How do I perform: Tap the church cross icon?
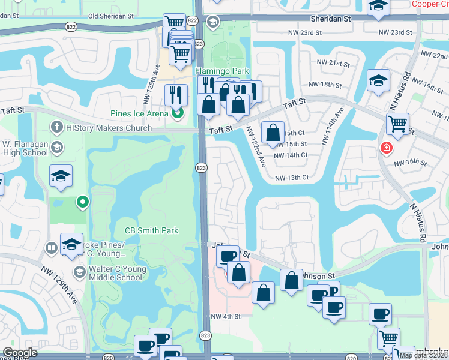tap(56, 127)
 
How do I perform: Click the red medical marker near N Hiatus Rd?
tap(385, 147)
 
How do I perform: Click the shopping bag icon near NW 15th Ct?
tap(273, 133)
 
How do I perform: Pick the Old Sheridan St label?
tap(114, 16)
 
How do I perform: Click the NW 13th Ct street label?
tap(291, 178)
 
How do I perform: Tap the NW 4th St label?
tap(225, 316)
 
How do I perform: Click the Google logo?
tap(20, 353)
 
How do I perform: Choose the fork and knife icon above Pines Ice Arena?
tap(176, 94)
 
